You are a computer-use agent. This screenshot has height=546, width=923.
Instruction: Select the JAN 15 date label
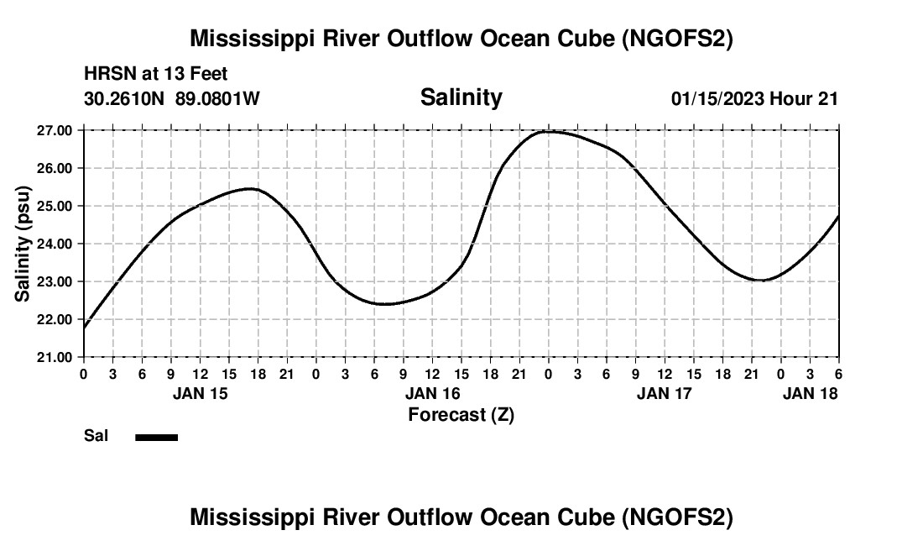[201, 393]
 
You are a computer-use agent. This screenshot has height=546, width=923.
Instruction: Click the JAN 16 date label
[433, 393]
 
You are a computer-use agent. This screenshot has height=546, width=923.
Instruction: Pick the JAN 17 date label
[665, 393]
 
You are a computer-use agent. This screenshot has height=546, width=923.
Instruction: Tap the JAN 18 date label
[809, 393]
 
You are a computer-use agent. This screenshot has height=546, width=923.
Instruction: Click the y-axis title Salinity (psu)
[23, 244]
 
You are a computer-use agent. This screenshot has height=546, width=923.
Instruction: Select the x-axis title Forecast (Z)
[461, 415]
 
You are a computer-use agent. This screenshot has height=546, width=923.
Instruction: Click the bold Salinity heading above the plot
[461, 97]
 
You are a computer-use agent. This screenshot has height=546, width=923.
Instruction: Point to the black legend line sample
[157, 437]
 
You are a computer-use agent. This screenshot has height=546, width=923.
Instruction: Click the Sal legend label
[96, 436]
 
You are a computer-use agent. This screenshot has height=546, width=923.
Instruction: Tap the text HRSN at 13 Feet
[156, 75]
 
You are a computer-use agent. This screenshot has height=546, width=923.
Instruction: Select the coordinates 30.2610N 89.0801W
[172, 98]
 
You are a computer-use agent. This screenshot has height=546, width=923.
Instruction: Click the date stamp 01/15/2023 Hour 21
[754, 98]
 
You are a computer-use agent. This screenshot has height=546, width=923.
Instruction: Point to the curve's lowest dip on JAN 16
[384, 304]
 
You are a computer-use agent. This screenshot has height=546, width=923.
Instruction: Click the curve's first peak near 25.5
[251, 189]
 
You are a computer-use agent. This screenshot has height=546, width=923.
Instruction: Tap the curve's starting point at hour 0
[85, 327]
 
